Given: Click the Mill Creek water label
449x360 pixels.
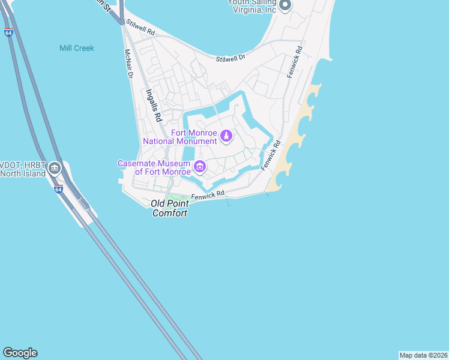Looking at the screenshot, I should point(77,48).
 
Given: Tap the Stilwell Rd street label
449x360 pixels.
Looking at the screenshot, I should point(140,29).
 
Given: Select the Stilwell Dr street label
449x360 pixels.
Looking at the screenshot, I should point(231,58).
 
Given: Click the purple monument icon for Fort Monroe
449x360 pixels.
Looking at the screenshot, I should point(226,137).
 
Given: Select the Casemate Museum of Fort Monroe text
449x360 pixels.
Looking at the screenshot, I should point(153,167).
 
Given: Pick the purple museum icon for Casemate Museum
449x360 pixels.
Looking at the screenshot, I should point(200,167).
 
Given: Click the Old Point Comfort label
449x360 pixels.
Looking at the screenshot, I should point(169,209).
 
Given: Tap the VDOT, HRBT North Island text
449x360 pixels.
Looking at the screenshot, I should point(22,169).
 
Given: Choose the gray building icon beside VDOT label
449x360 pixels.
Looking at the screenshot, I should point(55,169).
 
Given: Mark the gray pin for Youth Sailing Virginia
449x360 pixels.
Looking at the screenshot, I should point(285,6).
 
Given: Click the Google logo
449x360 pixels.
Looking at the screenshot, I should point(20,353).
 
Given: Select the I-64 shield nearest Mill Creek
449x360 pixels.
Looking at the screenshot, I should point(8,32).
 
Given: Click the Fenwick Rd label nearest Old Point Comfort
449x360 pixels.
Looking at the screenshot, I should point(208,195).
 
